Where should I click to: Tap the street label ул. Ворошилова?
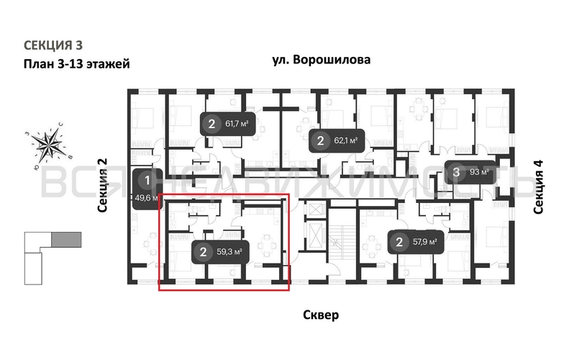pyautogui.click(x=322, y=60)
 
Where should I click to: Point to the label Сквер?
pyautogui.click(x=321, y=315)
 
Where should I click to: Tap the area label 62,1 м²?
pyautogui.click(x=344, y=140)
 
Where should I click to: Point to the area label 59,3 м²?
pyautogui.click(x=228, y=252)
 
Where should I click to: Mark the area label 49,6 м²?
pyautogui.click(x=147, y=197)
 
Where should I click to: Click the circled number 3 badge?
pyautogui.click(x=457, y=172)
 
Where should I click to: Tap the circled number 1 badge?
pyautogui.click(x=147, y=180)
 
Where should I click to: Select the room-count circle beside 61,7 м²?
pyautogui.click(x=211, y=124)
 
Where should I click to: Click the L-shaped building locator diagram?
pyautogui.click(x=43, y=256)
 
